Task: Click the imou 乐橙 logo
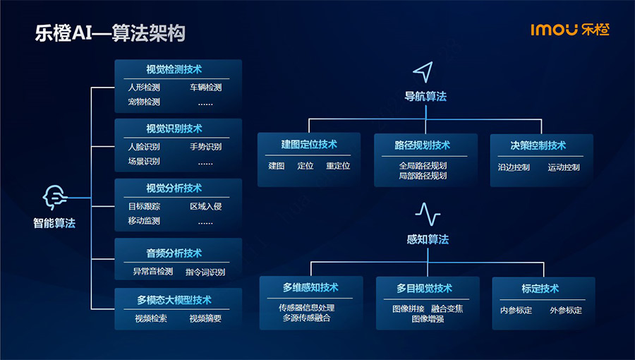click(x=570, y=30)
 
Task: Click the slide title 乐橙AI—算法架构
click(x=110, y=33)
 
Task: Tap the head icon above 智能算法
click(x=54, y=198)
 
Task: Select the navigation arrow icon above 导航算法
click(x=423, y=72)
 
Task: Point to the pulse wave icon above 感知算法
click(x=428, y=214)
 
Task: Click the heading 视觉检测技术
click(x=174, y=69)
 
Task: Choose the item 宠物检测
click(x=144, y=102)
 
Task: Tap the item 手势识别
click(x=206, y=147)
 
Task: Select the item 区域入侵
click(x=206, y=206)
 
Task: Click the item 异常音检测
click(x=153, y=271)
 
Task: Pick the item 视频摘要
click(x=205, y=318)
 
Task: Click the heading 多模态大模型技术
click(x=174, y=300)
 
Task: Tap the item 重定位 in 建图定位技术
click(x=338, y=166)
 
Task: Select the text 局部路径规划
click(x=423, y=176)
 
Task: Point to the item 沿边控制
click(x=514, y=167)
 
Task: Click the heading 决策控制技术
click(x=538, y=145)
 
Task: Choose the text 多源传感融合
click(x=307, y=318)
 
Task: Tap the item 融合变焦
click(x=447, y=308)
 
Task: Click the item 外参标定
click(x=566, y=310)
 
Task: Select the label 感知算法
click(x=428, y=239)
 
